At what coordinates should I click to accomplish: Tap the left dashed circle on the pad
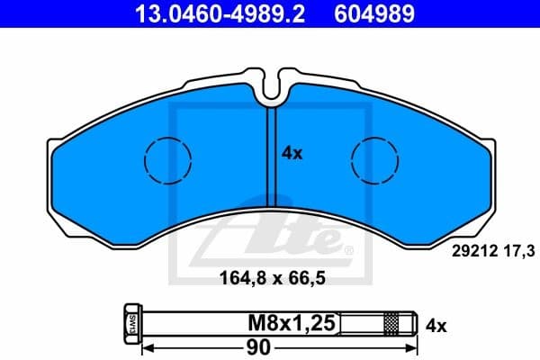tap(167, 161)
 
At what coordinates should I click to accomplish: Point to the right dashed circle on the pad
tap(374, 161)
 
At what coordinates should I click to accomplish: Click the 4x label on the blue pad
tap(292, 154)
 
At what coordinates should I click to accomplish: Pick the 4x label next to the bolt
tap(436, 322)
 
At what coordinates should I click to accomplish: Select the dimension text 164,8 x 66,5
tap(272, 278)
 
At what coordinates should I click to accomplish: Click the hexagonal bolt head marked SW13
tap(130, 322)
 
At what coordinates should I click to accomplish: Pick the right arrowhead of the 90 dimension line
tap(416, 346)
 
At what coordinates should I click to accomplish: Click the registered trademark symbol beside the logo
tap(349, 249)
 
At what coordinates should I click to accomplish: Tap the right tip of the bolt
tap(417, 322)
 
